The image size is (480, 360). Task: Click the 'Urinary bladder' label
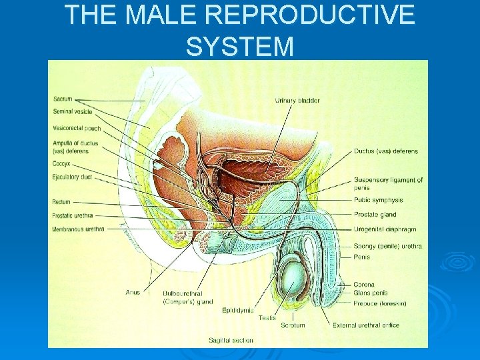click(x=297, y=101)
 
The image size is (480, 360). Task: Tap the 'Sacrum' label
click(x=62, y=99)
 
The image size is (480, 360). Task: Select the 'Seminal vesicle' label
click(x=72, y=112)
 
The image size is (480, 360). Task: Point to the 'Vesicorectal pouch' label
click(x=76, y=128)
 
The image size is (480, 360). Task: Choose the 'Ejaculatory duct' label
click(x=72, y=177)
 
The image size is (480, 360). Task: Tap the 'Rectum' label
click(x=61, y=202)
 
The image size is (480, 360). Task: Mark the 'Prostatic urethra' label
click(x=73, y=215)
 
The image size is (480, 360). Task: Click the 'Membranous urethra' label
click(x=77, y=229)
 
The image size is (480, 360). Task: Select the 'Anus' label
click(x=133, y=293)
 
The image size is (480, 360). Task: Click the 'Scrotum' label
click(x=293, y=325)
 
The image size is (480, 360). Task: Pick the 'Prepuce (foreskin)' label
click(x=380, y=303)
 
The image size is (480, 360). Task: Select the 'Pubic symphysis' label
click(x=379, y=200)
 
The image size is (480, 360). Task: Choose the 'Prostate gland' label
click(x=375, y=215)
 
